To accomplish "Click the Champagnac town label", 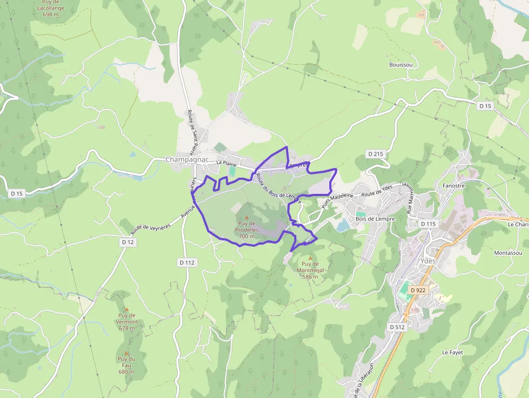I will coord(187,159).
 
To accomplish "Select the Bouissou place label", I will coord(401,65).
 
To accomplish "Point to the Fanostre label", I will coord(453,186).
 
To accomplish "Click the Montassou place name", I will coord(508,253).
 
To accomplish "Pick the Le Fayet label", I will coord(452,352).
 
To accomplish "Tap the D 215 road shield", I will coord(375,154).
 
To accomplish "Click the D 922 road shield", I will coord(418,290).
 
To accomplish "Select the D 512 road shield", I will coord(397,327).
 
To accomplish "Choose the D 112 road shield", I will coord(187,262).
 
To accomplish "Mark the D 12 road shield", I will coord(127,242).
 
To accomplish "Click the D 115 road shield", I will coord(428,224).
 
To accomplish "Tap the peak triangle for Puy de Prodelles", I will coord(247,218).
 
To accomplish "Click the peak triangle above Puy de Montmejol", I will coord(310,258).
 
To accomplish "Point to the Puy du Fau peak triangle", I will coord(126,353).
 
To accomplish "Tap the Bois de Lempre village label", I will coord(375,219).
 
